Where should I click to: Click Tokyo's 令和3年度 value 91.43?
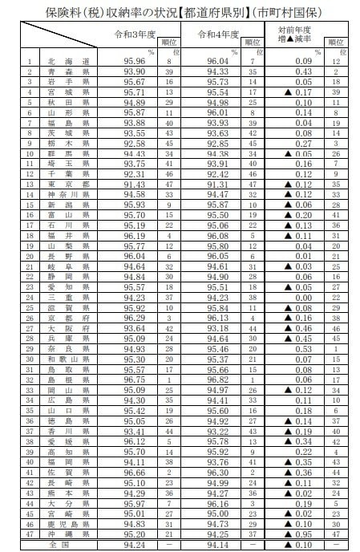[x=136, y=185]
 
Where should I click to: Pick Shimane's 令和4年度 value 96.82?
[x=219, y=379]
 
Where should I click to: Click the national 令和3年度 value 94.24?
[x=136, y=545]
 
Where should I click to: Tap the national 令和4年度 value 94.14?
[x=219, y=545]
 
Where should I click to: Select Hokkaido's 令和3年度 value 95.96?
[x=136, y=61]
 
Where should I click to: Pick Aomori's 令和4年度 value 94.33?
[x=219, y=71]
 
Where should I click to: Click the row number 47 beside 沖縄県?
[x=30, y=534]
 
